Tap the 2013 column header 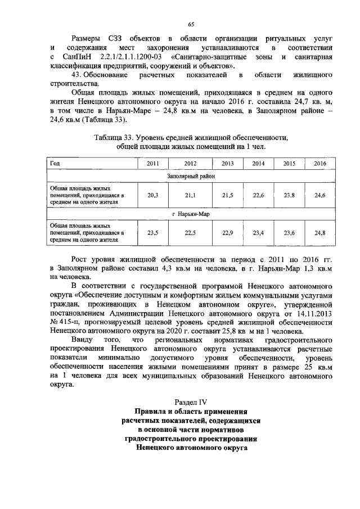click(x=227, y=163)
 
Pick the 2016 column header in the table click(x=319, y=163)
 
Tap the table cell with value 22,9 click(x=227, y=232)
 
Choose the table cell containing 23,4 click(x=258, y=232)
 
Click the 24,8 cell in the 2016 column click(x=319, y=232)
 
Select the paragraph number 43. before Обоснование click(x=80, y=75)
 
